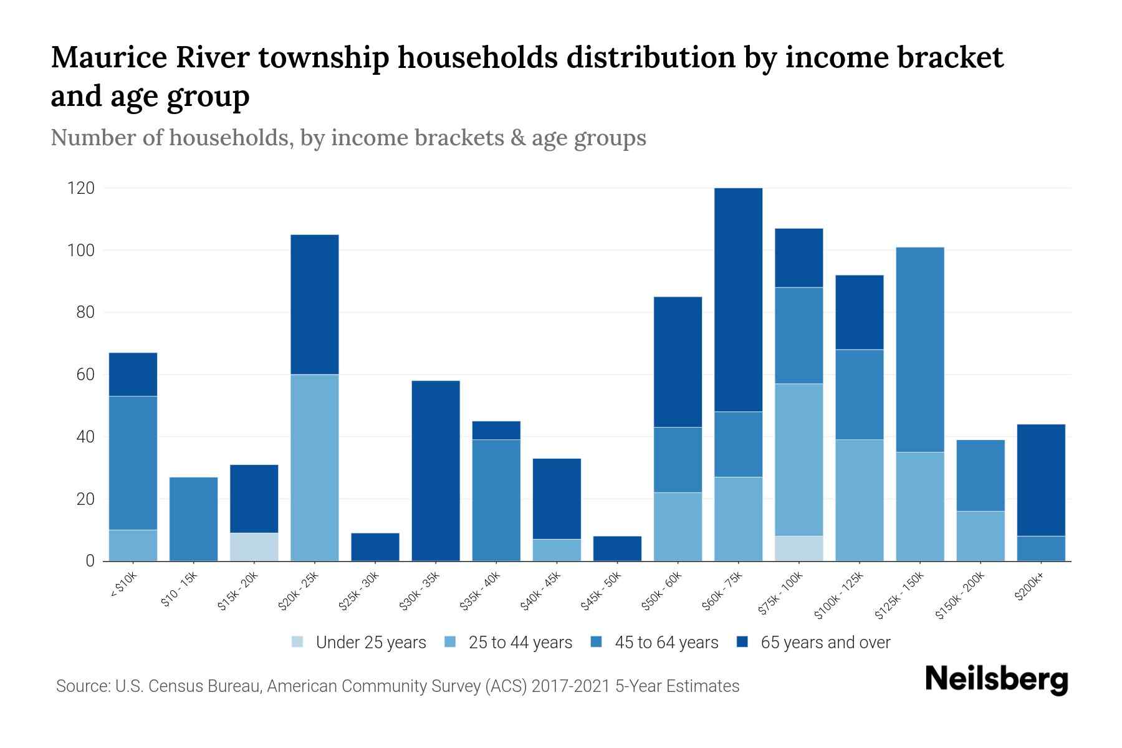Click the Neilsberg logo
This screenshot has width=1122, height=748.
[x=996, y=679]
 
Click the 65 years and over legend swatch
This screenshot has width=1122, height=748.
[x=742, y=642]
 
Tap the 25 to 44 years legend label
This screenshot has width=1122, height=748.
[x=520, y=643]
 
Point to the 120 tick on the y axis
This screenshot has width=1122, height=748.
[x=81, y=188]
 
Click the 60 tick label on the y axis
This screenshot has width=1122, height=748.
[x=85, y=375]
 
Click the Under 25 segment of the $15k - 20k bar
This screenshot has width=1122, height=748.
[x=254, y=547]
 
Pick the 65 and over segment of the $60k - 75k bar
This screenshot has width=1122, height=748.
[x=738, y=299]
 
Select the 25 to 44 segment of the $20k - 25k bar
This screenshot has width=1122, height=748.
[x=315, y=467]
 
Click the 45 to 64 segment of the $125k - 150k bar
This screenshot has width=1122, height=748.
[x=920, y=349]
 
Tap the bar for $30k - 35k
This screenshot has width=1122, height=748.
[x=436, y=471]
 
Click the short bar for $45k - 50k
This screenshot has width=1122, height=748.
[x=617, y=549]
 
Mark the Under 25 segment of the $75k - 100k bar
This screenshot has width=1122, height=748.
[x=798, y=549]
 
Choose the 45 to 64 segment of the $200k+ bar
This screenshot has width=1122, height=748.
[x=1041, y=549]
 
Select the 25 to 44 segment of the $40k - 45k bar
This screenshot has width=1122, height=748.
[x=557, y=550]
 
